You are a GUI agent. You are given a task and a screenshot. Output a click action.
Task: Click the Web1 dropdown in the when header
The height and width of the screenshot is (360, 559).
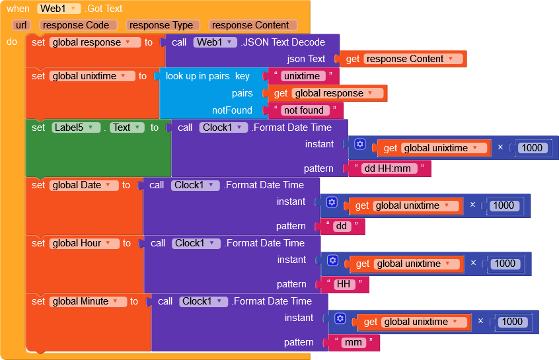59,9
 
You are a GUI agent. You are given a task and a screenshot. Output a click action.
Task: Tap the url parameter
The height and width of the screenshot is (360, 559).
21,25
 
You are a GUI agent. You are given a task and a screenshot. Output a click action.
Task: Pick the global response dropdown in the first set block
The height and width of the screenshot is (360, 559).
95,42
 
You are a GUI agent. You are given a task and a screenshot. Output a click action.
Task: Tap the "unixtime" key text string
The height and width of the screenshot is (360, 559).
301,76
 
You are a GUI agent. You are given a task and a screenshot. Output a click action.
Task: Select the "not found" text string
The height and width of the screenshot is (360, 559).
303,110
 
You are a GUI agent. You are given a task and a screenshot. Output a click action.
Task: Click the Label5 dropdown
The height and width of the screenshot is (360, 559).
76,127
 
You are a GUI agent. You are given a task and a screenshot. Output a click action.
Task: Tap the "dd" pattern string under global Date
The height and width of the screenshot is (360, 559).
342,227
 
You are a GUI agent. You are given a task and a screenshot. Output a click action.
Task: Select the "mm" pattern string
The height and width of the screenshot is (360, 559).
354,343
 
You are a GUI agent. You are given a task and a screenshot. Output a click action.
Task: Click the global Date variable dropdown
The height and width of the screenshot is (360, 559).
84,185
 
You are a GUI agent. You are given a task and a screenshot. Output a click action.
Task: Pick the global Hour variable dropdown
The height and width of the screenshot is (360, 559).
85,243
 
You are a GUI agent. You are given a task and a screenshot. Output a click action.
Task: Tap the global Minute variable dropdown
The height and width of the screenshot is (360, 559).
88,301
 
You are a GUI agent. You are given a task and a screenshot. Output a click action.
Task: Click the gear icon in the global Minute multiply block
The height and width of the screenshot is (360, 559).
340,318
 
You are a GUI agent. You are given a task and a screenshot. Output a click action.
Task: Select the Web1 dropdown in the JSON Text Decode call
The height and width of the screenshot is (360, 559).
215,42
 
